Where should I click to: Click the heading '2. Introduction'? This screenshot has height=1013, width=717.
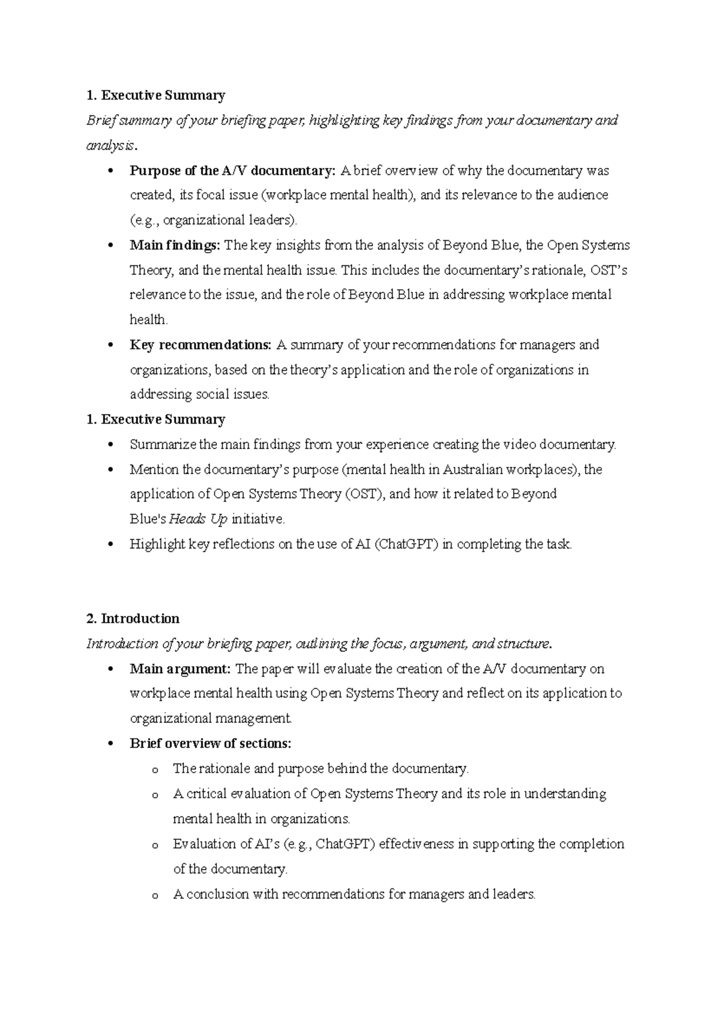(133, 618)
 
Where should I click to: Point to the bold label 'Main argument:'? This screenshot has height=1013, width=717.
(180, 668)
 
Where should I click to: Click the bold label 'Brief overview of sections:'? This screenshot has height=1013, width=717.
(210, 743)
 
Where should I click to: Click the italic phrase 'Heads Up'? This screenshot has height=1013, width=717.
(198, 519)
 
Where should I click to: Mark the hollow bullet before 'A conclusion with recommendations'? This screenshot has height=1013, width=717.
(155, 895)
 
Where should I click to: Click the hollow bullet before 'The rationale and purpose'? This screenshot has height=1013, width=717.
(155, 770)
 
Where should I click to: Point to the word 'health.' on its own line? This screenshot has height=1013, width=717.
(149, 320)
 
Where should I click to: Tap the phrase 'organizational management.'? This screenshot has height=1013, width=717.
(211, 718)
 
